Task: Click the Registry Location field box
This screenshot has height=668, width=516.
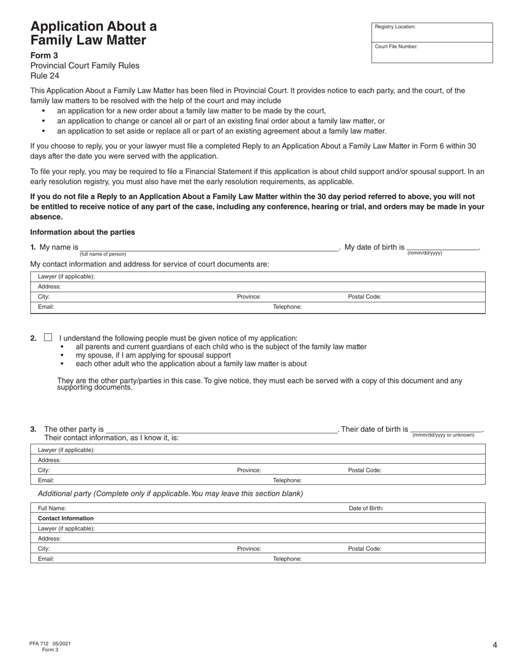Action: pos(432,32)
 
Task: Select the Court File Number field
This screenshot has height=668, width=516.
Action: pos(432,53)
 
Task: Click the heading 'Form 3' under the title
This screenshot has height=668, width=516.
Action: pos(44,55)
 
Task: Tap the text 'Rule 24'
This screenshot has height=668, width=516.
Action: pos(45,76)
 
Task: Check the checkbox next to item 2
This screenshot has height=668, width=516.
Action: pos(48,337)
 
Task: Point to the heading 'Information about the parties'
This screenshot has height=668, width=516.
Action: pos(83,232)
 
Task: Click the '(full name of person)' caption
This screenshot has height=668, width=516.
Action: pos(103,254)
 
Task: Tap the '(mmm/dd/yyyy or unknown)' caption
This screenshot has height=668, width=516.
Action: pos(443,435)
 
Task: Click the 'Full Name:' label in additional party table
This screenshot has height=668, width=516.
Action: pos(52,508)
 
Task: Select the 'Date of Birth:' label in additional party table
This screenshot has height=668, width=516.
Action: pos(366,508)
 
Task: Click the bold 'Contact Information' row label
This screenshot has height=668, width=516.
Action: pos(66,518)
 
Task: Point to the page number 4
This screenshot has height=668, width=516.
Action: pos(495,645)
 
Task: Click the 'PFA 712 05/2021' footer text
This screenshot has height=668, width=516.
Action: pos(50,644)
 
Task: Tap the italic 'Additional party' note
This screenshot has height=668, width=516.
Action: pos(170,494)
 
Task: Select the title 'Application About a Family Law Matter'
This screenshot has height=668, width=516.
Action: pos(93,33)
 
